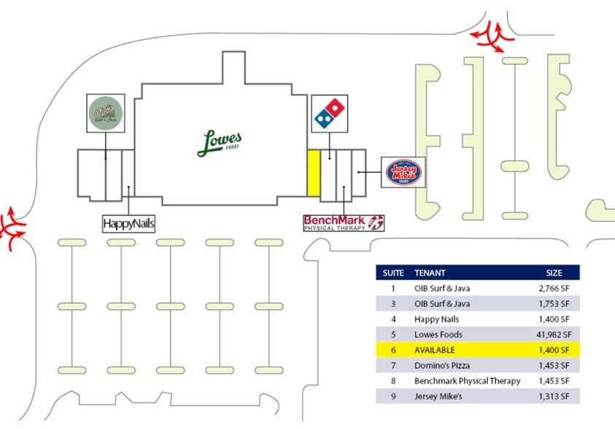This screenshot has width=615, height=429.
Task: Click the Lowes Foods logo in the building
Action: tap(220, 142)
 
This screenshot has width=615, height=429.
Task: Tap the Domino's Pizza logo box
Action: tap(330, 114)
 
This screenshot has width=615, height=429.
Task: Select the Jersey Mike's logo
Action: tap(403, 173)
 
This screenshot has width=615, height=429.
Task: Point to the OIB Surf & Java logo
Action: tap(105, 114)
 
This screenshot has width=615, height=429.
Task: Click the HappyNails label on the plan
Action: tap(128, 223)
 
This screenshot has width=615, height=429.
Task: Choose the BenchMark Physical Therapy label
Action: tap(344, 223)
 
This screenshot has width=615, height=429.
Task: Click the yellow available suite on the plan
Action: tap(313, 173)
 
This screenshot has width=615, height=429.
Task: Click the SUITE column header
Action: tap(389, 273)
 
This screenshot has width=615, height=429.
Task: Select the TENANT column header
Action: tap(430, 273)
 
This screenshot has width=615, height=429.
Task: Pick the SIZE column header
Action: tap(554, 273)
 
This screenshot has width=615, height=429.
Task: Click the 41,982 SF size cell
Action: tap(553, 335)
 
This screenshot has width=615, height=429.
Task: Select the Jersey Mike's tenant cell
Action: tap(438, 396)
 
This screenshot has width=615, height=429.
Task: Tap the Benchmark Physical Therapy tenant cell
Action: tap(467, 381)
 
